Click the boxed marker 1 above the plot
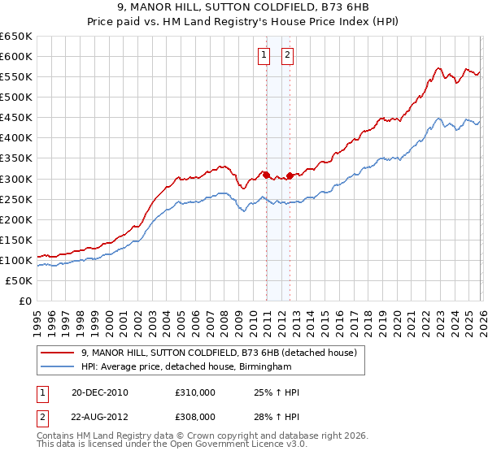tap(264, 55)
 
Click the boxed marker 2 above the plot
tap(288, 55)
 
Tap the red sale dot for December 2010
tap(266, 174)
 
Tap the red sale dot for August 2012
tap(290, 175)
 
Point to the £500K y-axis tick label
tap(16, 97)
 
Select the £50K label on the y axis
tap(19, 280)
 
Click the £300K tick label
tap(16, 179)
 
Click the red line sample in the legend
tap(58, 353)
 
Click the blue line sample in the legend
tap(58, 367)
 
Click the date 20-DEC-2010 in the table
tap(99, 392)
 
